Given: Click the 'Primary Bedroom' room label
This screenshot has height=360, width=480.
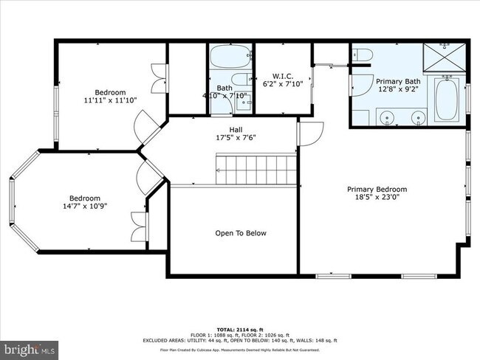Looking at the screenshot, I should pos(377,189).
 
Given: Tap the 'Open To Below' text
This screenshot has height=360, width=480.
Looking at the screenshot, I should pos(241,233).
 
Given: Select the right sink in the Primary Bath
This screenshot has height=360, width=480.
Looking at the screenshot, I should pos(419,116).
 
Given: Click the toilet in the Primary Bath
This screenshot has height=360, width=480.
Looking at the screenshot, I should pos(362,55).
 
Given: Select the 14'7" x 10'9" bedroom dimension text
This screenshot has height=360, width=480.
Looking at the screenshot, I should pos(85,207).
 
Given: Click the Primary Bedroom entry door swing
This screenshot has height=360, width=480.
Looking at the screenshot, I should pos(310,133).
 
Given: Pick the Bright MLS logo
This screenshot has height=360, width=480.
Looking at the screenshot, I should pos(30,347).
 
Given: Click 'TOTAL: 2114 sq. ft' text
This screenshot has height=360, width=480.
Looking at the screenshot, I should pos(241,328).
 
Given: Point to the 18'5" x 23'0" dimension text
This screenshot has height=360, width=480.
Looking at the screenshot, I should pos(377,198).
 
